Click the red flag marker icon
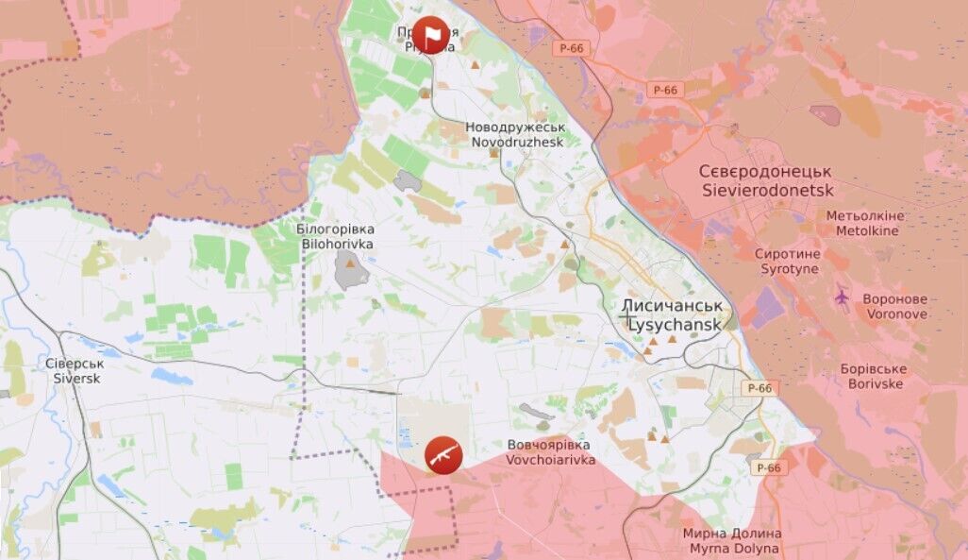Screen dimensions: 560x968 pos(432,35)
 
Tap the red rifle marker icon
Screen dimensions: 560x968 pos(443,455)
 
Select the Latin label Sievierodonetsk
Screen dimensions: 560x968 pos(768,190)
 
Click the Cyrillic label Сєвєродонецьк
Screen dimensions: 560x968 pos(765,172)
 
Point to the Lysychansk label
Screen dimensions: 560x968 pos(674,323)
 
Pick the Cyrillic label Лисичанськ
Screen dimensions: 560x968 pos(672,306)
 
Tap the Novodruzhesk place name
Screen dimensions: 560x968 pos(515,142)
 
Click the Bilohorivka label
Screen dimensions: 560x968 pos(337,244)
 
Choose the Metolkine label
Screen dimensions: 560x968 pos(864,230)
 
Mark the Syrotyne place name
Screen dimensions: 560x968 pos(790,269)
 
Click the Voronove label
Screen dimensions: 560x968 pos(894,314)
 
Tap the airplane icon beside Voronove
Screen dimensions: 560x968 pos(843,297)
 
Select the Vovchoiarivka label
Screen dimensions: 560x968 pos(550,460)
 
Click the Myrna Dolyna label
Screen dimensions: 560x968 pos(731,548)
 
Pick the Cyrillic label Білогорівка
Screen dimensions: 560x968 pos(336,229)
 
